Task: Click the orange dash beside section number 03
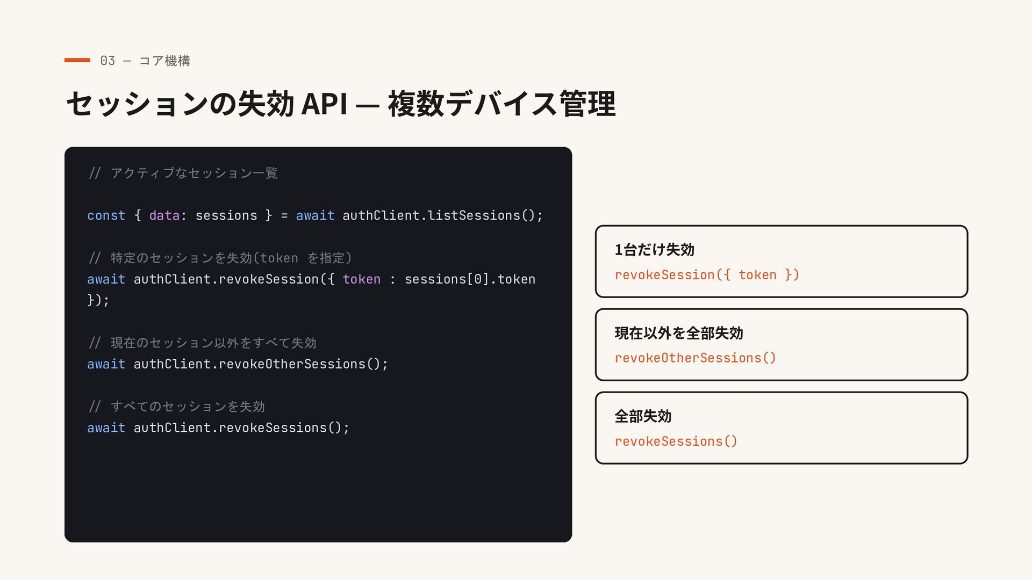coord(77,60)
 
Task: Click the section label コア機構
coord(164,61)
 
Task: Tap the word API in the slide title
coord(324,104)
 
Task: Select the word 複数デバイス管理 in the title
coord(501,104)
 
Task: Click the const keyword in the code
coord(106,215)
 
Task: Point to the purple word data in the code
coord(164,215)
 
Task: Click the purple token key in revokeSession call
coord(362,279)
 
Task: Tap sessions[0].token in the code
coord(470,279)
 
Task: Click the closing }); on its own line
coord(98,300)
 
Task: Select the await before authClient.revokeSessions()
coord(106,428)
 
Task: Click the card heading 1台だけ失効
coord(655,250)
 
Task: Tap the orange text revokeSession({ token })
coord(707,275)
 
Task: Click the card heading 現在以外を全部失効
coord(679,333)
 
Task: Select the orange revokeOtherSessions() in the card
coord(696,358)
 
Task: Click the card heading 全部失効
coord(643,416)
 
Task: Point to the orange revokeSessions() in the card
coord(676,441)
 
